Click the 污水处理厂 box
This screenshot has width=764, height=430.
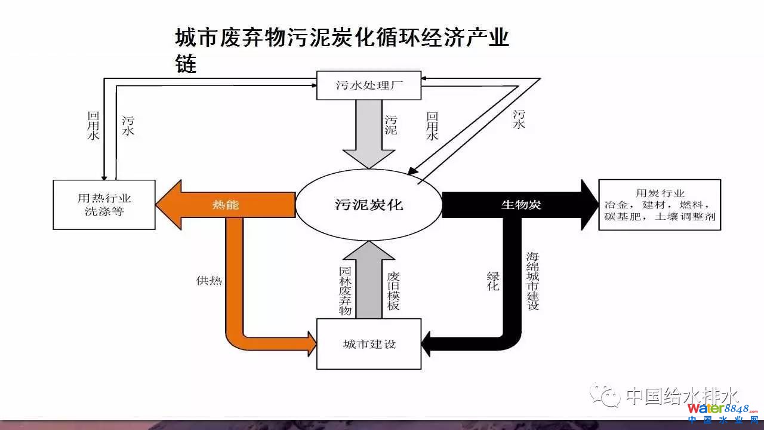click(x=368, y=86)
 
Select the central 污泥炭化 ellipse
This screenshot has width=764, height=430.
click(x=368, y=205)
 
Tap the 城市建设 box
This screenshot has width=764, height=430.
click(x=368, y=344)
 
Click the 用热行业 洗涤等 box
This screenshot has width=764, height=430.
click(x=104, y=204)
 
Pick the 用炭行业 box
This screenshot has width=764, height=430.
click(x=659, y=204)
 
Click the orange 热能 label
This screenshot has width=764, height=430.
click(x=226, y=205)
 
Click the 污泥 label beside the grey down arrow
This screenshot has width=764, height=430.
click(x=391, y=125)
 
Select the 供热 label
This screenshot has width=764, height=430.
click(x=208, y=279)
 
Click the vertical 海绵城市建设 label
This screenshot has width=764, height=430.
click(x=532, y=281)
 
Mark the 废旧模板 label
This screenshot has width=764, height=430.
click(x=393, y=290)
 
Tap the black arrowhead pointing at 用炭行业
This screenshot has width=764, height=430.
click(x=587, y=205)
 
